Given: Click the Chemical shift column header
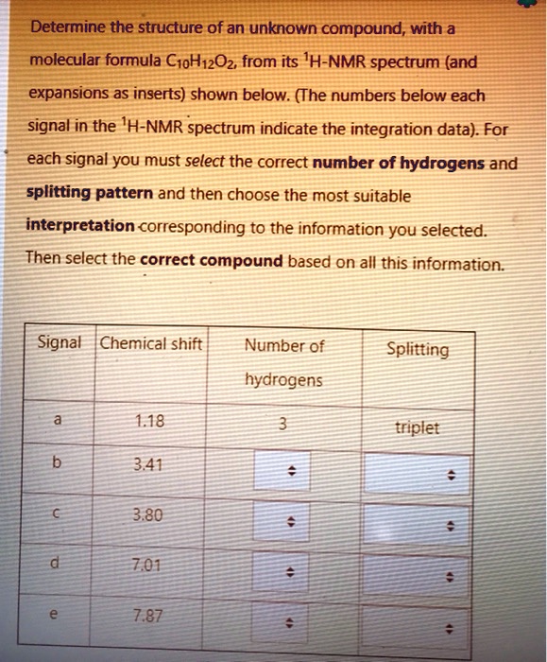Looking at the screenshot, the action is click(x=151, y=344).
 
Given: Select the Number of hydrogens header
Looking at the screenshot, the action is click(x=283, y=362).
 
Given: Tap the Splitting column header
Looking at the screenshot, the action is click(x=419, y=349).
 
